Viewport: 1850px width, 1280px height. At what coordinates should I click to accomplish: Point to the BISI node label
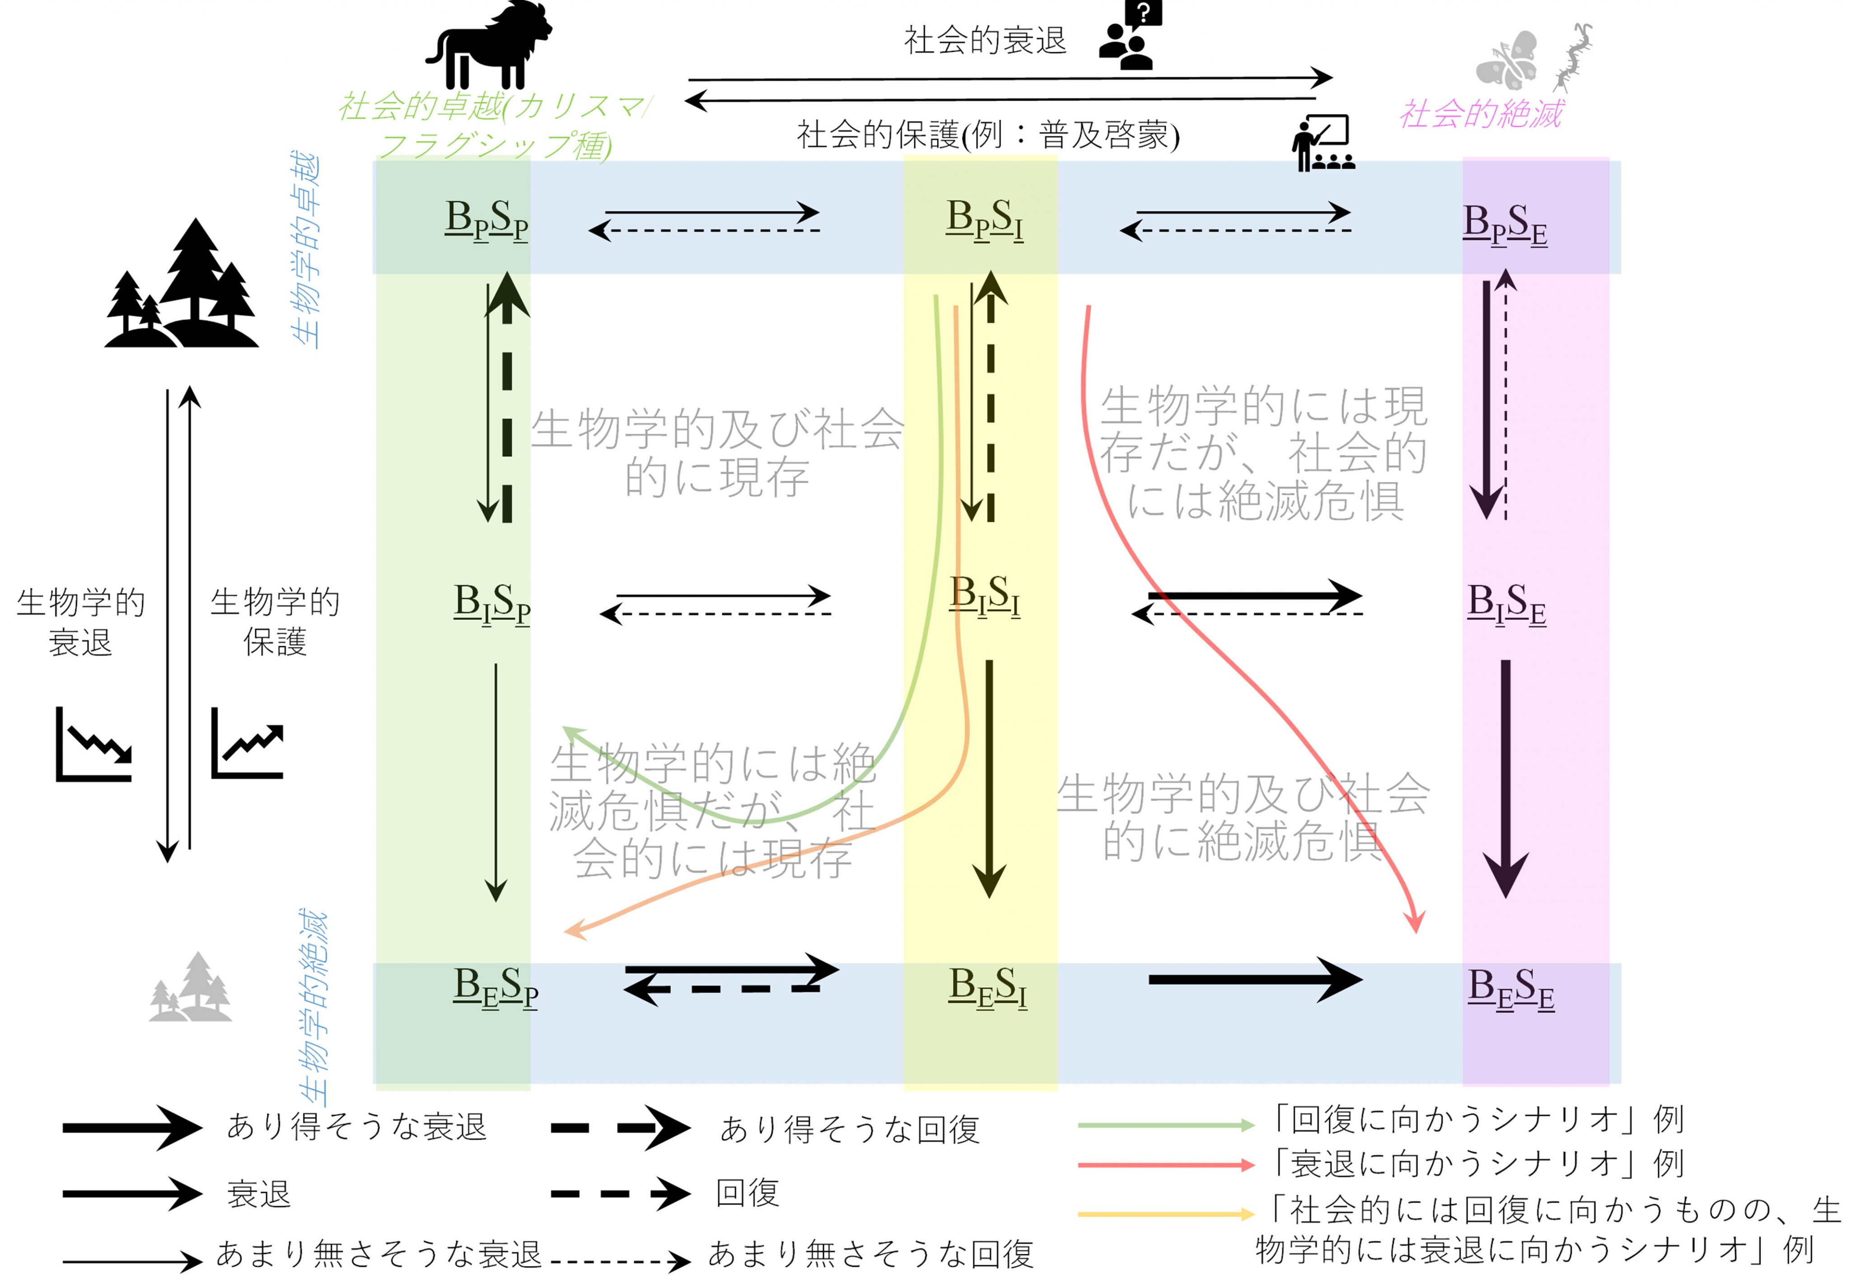pyautogui.click(x=984, y=597)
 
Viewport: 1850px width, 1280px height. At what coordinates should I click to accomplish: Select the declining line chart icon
pyautogui.click(x=93, y=744)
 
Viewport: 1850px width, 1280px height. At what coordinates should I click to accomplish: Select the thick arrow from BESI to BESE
pyautogui.click(x=1256, y=979)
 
